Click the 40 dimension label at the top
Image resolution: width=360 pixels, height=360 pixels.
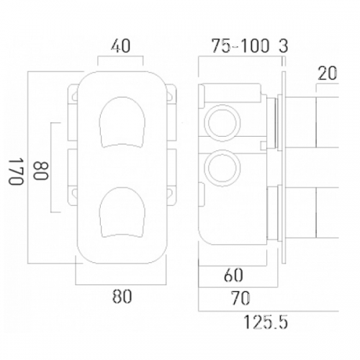coord(120,46)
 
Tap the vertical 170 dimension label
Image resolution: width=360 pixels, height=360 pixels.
coord(17,171)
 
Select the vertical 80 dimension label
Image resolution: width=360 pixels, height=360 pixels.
coord(41,171)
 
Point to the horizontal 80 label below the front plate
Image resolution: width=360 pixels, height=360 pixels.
coord(122,297)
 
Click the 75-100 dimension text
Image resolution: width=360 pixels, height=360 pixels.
coord(240,46)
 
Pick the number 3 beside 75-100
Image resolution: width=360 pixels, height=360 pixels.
coord(284,46)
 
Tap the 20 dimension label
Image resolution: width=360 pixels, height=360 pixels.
coord(328,73)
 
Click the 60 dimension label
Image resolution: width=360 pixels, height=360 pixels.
coord(233,275)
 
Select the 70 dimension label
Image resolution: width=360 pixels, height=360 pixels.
coord(240,298)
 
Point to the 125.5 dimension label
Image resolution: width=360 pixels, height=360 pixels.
coord(266,322)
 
